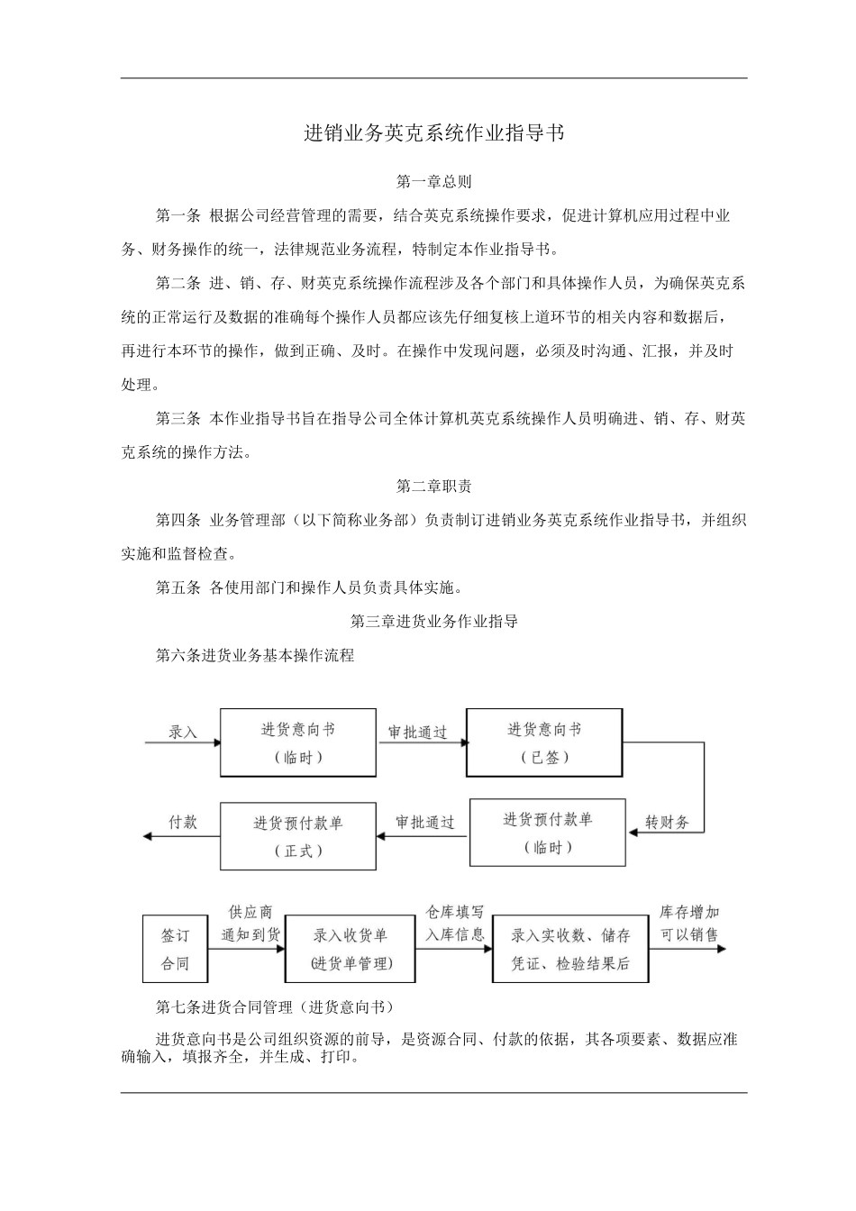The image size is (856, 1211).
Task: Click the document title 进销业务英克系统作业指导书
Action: click(x=433, y=133)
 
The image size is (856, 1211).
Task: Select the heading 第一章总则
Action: click(x=433, y=182)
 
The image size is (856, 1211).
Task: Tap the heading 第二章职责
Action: click(x=433, y=487)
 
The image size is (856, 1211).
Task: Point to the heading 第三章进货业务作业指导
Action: click(x=433, y=622)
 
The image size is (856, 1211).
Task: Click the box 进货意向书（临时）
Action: click(x=298, y=742)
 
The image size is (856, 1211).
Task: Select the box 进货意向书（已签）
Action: click(x=544, y=742)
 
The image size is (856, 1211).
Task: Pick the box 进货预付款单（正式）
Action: click(x=298, y=836)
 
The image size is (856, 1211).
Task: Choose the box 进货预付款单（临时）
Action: click(x=548, y=833)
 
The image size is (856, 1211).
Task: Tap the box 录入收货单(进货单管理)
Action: click(x=351, y=950)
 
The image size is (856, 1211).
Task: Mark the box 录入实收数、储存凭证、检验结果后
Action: click(x=570, y=950)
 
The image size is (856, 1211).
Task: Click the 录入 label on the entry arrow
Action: click(x=183, y=732)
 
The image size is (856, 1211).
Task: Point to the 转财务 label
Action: click(x=668, y=822)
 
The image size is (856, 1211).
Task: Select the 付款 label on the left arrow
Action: click(x=183, y=822)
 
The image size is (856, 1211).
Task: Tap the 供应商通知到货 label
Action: click(x=250, y=924)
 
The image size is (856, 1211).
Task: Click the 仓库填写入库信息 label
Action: click(x=455, y=924)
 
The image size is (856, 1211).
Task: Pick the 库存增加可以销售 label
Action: click(x=690, y=924)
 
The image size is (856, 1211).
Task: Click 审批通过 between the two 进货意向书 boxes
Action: click(x=417, y=732)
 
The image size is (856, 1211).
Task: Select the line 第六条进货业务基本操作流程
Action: click(x=255, y=656)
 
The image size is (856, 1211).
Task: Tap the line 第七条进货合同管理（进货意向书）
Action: click(x=275, y=1006)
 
